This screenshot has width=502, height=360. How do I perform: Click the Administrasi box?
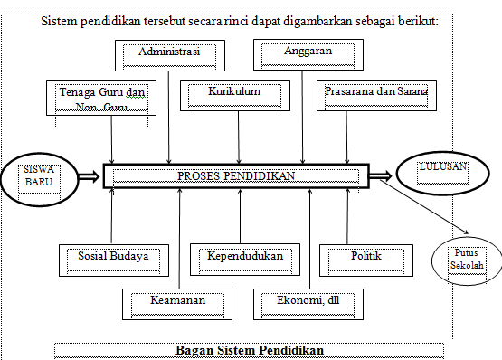168,53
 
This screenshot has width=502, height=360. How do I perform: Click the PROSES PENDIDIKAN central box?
237,175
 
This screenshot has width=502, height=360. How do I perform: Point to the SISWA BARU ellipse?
38,176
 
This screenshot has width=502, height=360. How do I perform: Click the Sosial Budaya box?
113,259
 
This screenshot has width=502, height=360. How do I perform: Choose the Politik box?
365,259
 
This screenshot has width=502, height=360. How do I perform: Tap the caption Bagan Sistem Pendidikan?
248,350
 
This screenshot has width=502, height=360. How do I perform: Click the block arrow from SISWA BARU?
90,176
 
